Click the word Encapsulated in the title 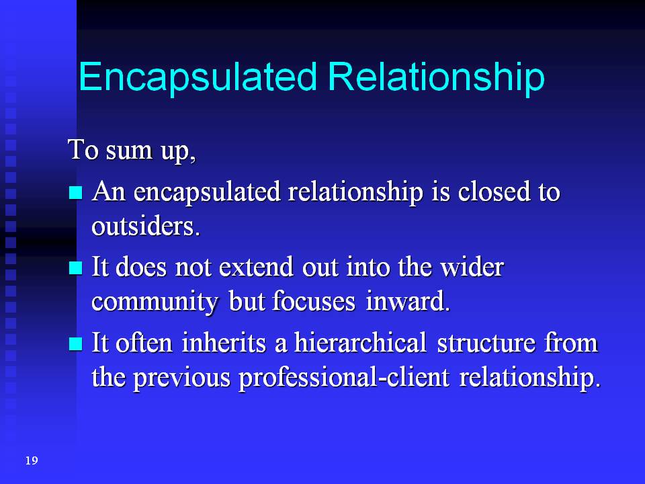[198, 77]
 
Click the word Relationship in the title [436, 77]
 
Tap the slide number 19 [32, 460]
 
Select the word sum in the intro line [129, 150]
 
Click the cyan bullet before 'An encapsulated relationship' [76, 192]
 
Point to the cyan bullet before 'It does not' [76, 268]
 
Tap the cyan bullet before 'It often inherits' [76, 344]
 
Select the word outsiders [146, 227]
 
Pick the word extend [256, 267]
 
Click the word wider [472, 267]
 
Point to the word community [155, 302]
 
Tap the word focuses [314, 301]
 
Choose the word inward [408, 301]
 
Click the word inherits [224, 343]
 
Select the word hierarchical [360, 343]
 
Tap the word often [144, 343]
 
